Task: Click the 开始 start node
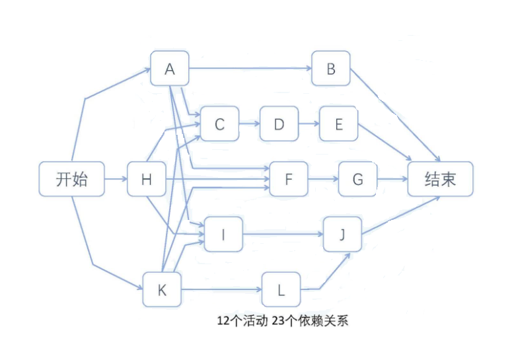71,178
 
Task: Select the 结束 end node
440,178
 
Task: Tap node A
170,68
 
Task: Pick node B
331,68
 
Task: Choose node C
220,123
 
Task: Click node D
279,123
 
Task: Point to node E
338,123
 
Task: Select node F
289,178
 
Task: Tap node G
357,178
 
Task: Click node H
146,178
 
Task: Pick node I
223,234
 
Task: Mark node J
342,234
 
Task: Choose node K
162,289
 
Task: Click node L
281,289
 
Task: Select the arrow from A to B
251,68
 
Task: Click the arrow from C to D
249,123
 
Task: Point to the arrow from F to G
323,178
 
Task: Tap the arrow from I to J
283,234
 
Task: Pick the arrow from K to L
221,289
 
